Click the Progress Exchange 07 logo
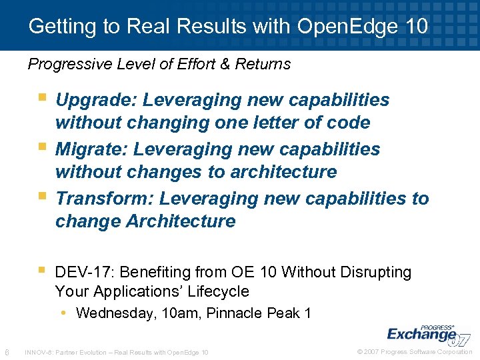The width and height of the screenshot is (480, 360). coord(427,333)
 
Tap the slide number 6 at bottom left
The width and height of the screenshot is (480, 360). coord(6,351)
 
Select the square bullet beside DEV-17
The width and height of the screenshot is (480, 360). coord(43,270)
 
